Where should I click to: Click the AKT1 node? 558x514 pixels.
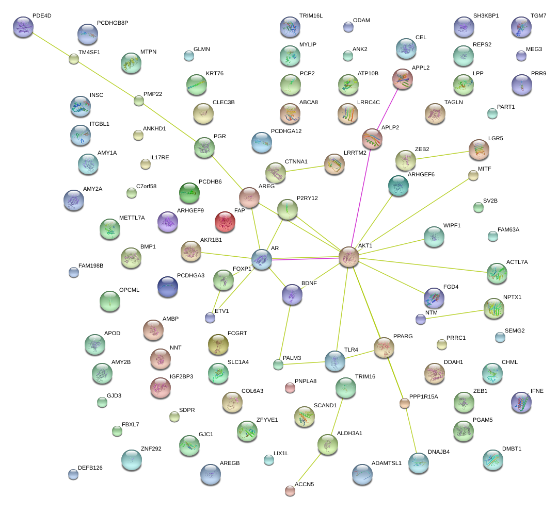click(x=349, y=257)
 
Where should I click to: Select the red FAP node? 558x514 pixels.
click(x=225, y=221)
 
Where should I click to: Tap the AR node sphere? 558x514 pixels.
click(x=262, y=259)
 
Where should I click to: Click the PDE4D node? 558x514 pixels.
click(x=23, y=27)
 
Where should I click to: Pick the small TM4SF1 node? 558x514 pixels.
click(x=74, y=59)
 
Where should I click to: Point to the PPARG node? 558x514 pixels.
click(x=384, y=347)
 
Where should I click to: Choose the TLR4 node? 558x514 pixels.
click(x=335, y=360)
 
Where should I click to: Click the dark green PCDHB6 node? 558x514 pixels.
click(x=189, y=192)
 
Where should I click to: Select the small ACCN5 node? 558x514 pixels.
click(x=290, y=490)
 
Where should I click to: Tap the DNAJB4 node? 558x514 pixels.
click(x=418, y=463)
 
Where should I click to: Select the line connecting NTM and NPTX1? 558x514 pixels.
click(x=453, y=314)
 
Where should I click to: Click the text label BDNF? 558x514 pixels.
click(x=309, y=284)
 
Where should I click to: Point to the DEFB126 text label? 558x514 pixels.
click(x=90, y=468)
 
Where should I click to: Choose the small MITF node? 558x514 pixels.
click(x=473, y=175)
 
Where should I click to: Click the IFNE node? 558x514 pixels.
click(x=520, y=402)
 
